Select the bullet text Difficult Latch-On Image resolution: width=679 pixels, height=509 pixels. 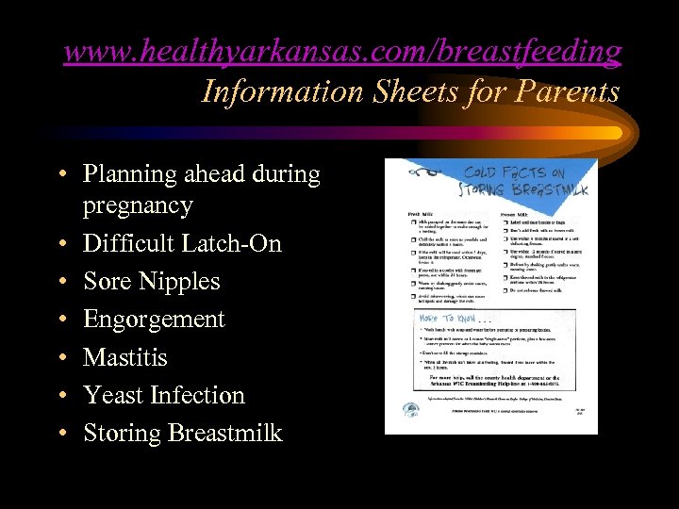[182, 243]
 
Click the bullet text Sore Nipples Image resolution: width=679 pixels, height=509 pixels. [151, 281]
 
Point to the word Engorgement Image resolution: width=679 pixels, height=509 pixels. [154, 319]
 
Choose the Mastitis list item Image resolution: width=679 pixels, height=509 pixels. [124, 357]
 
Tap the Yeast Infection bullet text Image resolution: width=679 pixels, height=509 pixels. [163, 395]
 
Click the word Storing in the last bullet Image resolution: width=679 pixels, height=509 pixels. [122, 433]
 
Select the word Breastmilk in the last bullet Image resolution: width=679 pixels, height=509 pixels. [224, 433]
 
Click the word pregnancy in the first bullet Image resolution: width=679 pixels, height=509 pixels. [138, 205]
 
